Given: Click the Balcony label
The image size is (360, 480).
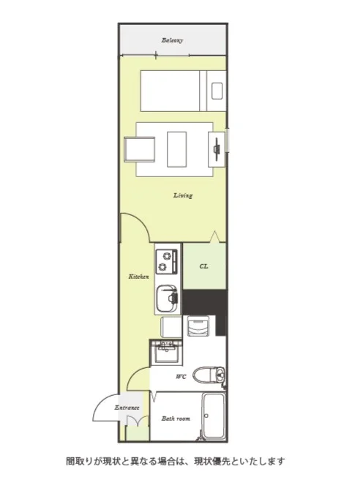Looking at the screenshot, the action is pos(172,40).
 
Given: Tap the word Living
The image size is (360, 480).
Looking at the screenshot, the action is pos(183,195).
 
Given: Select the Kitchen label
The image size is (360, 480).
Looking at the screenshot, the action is pos(139,277).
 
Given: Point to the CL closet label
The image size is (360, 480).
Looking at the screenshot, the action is pos(204,266).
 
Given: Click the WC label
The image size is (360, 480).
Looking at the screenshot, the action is pos(181,377).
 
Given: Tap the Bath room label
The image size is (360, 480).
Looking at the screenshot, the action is pos(176,418).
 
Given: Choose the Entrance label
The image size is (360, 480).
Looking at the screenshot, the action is pos(127,408).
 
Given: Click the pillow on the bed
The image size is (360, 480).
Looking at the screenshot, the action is pos(217,91).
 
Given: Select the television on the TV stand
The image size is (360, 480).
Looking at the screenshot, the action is pos(217,149).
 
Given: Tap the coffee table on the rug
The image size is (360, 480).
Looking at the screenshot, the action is pos(176,149).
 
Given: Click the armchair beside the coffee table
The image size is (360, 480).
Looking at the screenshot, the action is pos(139,149).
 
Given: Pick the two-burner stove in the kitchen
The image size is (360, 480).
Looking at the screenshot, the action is pos(167,261).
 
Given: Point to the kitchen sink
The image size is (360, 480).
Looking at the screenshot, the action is pos(167,299).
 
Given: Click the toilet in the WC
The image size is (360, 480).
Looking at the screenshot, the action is pos(209,375).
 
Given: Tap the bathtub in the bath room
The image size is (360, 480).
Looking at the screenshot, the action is pos(214,416).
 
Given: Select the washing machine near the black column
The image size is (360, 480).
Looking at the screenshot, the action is pos(198,326).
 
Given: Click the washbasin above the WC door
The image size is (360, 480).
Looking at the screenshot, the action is pos(167,352).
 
